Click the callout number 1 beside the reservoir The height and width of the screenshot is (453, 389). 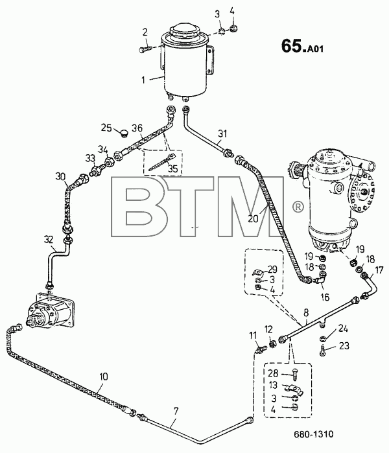[x=143, y=80]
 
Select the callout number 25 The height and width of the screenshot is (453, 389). [x=106, y=127]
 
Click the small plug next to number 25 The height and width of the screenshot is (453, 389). [x=123, y=134]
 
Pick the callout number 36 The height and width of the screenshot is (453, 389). [x=137, y=128]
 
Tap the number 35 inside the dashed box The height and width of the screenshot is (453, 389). [x=173, y=168]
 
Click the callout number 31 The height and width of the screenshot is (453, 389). [x=222, y=134]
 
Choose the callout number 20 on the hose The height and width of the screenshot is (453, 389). [x=253, y=218]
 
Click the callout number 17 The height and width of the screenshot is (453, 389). [x=379, y=270]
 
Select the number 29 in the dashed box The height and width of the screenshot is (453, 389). [x=272, y=269]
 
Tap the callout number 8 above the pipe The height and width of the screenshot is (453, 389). [x=306, y=312]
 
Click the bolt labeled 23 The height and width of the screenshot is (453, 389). [x=323, y=351]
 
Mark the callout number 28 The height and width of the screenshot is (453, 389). [x=273, y=373]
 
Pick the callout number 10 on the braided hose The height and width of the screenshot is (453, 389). [x=104, y=377]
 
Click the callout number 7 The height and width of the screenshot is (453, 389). [x=176, y=410]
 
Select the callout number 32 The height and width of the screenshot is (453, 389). [x=49, y=239]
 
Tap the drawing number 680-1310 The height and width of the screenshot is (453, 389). [x=314, y=434]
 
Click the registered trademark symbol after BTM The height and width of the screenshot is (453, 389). [x=298, y=207]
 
